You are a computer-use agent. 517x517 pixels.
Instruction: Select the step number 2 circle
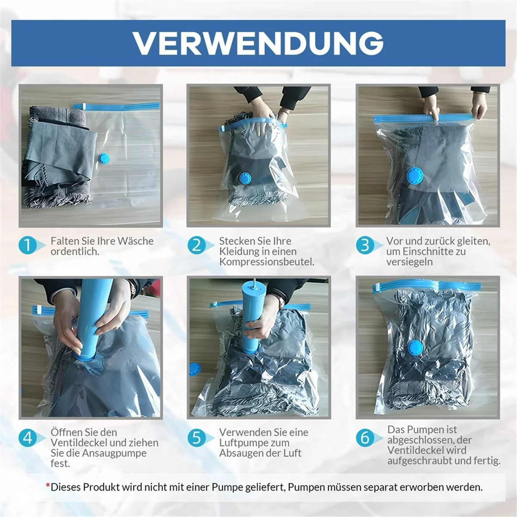point(196,246)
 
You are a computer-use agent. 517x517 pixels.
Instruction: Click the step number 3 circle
point(365,246)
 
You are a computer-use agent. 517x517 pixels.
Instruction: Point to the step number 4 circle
point(28,438)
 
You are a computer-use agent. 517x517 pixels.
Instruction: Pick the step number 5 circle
point(196,438)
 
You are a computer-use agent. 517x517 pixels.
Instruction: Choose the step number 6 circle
point(365,438)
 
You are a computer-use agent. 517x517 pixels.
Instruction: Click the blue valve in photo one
point(104,159)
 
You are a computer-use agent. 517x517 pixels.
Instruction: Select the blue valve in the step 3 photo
point(414,176)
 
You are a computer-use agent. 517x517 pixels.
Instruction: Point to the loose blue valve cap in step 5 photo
point(195,369)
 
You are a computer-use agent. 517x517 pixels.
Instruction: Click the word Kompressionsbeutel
point(266,262)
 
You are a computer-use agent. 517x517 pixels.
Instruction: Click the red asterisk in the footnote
point(48,486)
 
